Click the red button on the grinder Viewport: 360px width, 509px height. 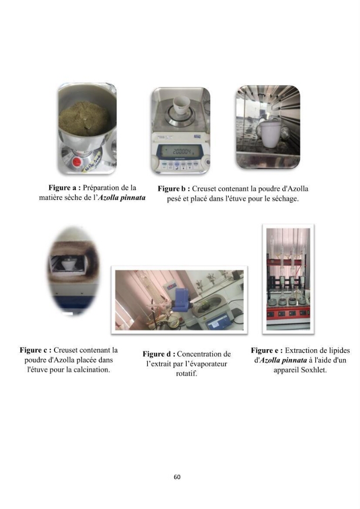click(77, 162)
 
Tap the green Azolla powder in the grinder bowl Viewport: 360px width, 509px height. click(84, 119)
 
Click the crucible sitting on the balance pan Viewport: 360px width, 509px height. click(180, 106)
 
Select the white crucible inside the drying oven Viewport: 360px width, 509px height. click(270, 134)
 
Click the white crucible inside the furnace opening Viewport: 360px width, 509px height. click(70, 263)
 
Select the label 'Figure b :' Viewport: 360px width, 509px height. click(174, 189)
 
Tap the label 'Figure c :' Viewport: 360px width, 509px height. click(35, 350)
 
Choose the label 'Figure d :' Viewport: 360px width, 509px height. click(159, 354)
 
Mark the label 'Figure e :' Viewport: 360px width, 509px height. click(267, 351)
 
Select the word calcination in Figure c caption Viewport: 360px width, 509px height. click(92, 370)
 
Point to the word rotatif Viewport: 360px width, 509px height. click(186, 374)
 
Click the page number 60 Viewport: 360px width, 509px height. click(177, 477)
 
